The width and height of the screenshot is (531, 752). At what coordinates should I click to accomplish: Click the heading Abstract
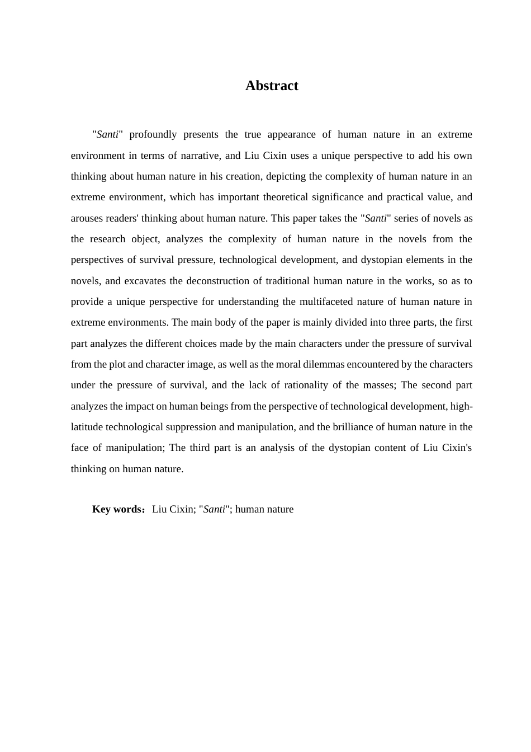pyautogui.click(x=272, y=86)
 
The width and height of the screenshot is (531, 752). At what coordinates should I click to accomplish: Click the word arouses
pyautogui.click(x=87, y=218)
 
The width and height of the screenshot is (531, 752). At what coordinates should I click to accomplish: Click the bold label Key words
pyautogui.click(x=118, y=509)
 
